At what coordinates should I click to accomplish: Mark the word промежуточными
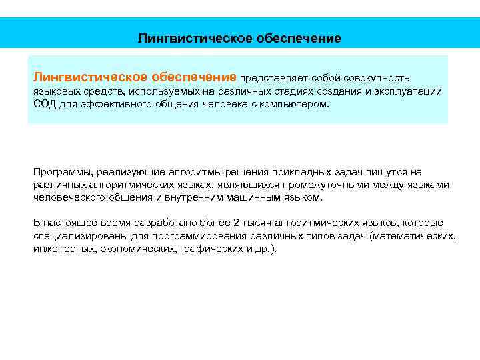click(x=324, y=185)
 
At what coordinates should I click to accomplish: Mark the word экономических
click(x=138, y=249)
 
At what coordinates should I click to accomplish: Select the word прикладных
click(x=293, y=171)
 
